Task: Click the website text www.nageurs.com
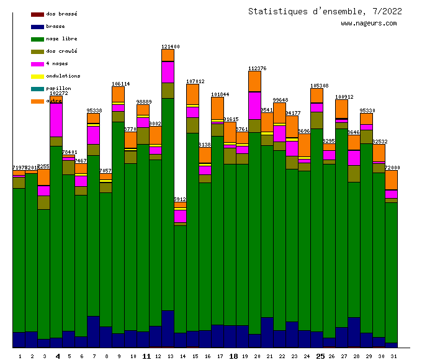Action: (369, 24)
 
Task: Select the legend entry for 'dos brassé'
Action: (58, 14)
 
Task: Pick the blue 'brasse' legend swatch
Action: (37, 27)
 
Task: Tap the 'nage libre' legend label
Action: (61, 38)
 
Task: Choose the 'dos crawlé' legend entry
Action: (61, 51)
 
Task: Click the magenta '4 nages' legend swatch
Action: (37, 64)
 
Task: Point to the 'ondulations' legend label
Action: (63, 76)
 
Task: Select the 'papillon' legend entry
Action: (58, 88)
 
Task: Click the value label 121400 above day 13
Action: (171, 47)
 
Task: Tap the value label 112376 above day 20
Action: (257, 68)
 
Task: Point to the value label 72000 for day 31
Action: (393, 168)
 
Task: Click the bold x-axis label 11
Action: (146, 356)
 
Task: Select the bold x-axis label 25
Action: (320, 356)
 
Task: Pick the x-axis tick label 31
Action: (393, 356)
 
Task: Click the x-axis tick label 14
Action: (182, 356)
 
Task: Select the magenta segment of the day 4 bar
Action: (56, 119)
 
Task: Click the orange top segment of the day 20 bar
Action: (254, 81)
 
